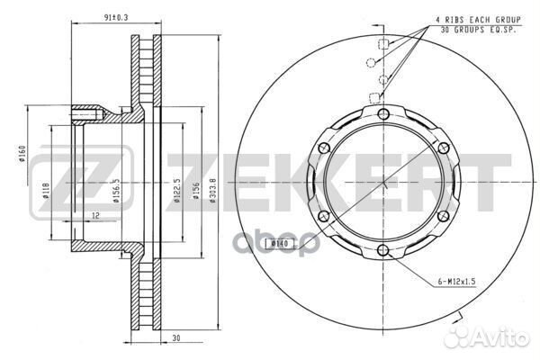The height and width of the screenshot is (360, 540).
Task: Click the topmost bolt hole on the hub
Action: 382,113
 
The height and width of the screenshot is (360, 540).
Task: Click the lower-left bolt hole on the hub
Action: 324,215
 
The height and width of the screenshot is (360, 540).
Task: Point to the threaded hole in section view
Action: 85,113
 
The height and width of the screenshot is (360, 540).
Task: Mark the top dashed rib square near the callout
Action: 382,44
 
